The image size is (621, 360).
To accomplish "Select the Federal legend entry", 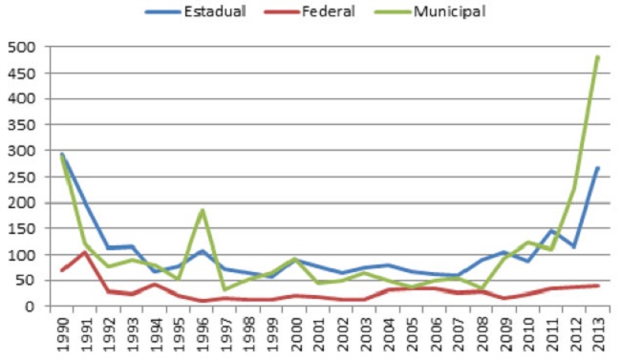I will point(320,12).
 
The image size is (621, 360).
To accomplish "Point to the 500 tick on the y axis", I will point(21,47).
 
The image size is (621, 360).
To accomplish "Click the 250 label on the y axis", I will point(21,177).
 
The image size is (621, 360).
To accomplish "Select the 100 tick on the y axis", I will point(21,255).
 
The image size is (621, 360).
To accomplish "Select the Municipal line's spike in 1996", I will point(202,210).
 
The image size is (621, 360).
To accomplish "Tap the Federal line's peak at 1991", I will point(87,252).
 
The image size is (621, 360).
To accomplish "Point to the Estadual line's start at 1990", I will point(64,155).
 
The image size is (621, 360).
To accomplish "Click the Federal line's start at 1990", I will point(64,270).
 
